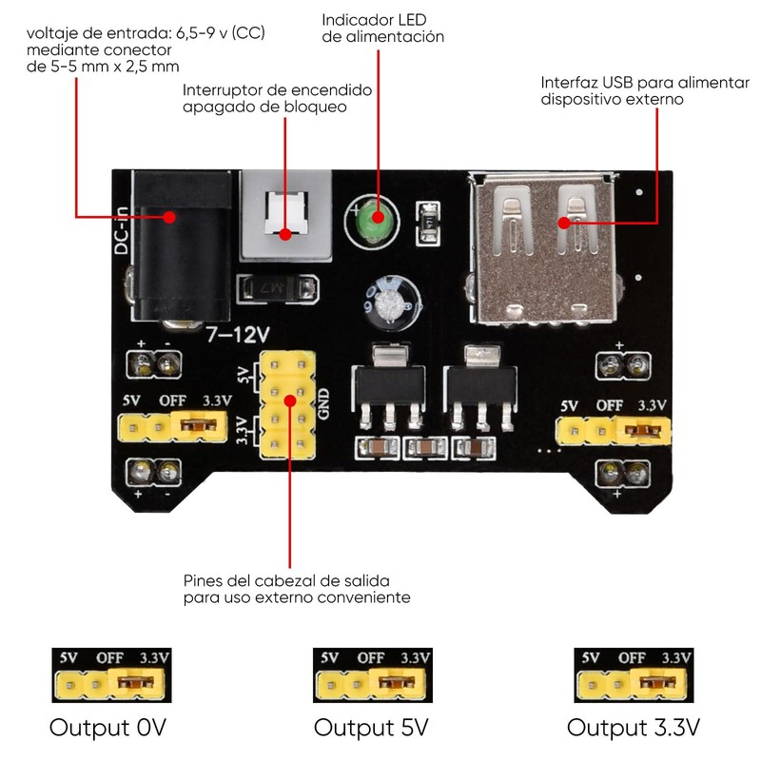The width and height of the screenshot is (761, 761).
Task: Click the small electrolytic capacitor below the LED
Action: point(390,302)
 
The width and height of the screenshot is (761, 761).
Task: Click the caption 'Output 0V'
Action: point(108,728)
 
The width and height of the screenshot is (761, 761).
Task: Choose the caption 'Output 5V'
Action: point(371,728)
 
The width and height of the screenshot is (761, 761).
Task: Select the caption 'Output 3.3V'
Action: point(634,728)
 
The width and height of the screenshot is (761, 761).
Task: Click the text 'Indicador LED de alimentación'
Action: point(383,29)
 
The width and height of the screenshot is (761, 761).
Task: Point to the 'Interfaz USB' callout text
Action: point(638,90)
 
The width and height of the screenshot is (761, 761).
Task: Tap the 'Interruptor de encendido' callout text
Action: point(277,98)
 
